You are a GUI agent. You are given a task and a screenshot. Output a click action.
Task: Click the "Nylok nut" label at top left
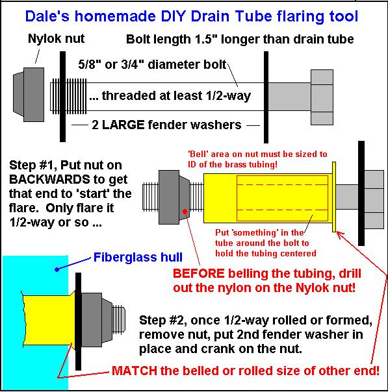(x=56, y=39)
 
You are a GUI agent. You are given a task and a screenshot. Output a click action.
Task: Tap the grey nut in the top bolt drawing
(x=29, y=95)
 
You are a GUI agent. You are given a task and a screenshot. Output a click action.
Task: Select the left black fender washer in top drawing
(x=62, y=97)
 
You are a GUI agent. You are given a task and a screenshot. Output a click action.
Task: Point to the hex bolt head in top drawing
(x=322, y=97)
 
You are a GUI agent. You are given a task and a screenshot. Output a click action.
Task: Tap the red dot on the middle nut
(x=185, y=212)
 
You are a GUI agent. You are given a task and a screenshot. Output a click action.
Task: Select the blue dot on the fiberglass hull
(x=57, y=269)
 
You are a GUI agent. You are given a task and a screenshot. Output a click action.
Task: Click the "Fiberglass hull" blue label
(x=138, y=257)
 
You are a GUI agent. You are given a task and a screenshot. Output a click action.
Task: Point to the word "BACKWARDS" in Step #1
(x=49, y=179)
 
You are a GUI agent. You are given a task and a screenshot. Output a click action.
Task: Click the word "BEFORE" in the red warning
(x=198, y=273)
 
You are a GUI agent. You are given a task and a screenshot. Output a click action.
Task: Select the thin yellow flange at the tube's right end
(x=334, y=197)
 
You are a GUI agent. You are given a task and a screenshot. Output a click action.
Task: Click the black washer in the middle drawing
(x=361, y=193)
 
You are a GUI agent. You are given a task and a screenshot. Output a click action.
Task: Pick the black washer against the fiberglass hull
(x=78, y=321)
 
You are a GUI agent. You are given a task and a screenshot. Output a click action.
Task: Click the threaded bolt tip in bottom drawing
(x=119, y=319)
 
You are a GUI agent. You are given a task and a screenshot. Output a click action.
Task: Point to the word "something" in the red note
(x=254, y=233)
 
